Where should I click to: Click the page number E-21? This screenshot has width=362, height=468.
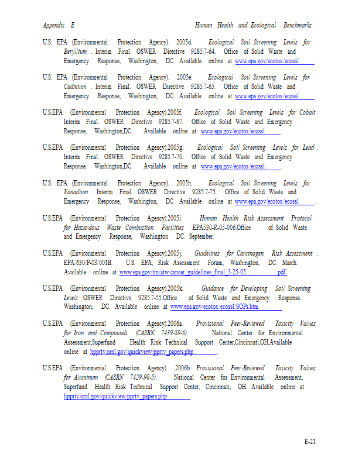pos(309,441)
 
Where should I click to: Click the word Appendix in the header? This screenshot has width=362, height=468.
pos(53,26)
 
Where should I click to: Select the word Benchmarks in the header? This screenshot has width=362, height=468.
pos(297,26)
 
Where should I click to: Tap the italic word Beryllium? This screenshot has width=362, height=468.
pos(76,52)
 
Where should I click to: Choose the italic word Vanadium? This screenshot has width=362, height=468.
pos(76,192)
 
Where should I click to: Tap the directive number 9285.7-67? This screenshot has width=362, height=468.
pos(171,122)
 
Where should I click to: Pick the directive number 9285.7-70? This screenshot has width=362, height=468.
pos(171,157)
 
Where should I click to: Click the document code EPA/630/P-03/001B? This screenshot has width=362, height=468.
pos(88,263)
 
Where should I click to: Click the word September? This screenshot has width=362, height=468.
pos(201,237)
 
